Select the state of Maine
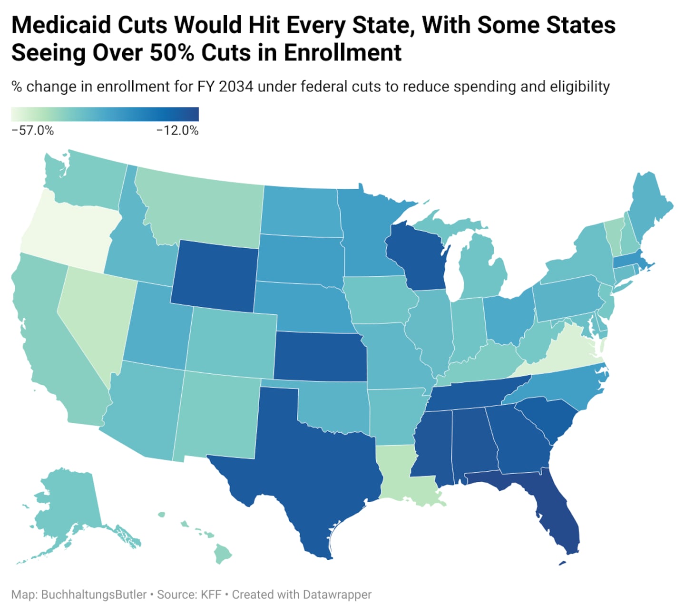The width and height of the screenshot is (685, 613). click(649, 204)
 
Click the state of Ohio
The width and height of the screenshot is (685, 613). click(507, 316)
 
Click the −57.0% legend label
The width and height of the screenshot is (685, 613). click(32, 130)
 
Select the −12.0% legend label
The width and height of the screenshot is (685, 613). click(177, 130)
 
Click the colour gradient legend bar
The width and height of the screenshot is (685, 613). click(105, 114)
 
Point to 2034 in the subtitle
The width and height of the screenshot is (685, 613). click(236, 87)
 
